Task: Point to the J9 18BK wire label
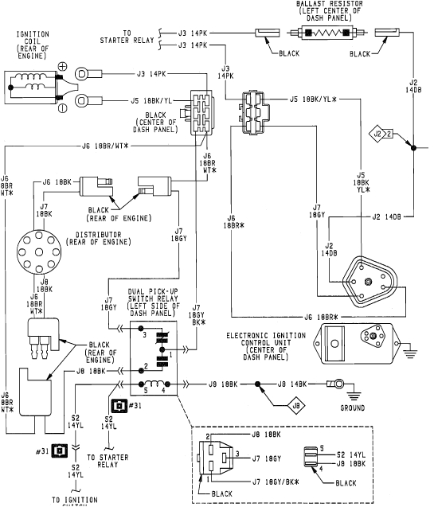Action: click(x=225, y=384)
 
